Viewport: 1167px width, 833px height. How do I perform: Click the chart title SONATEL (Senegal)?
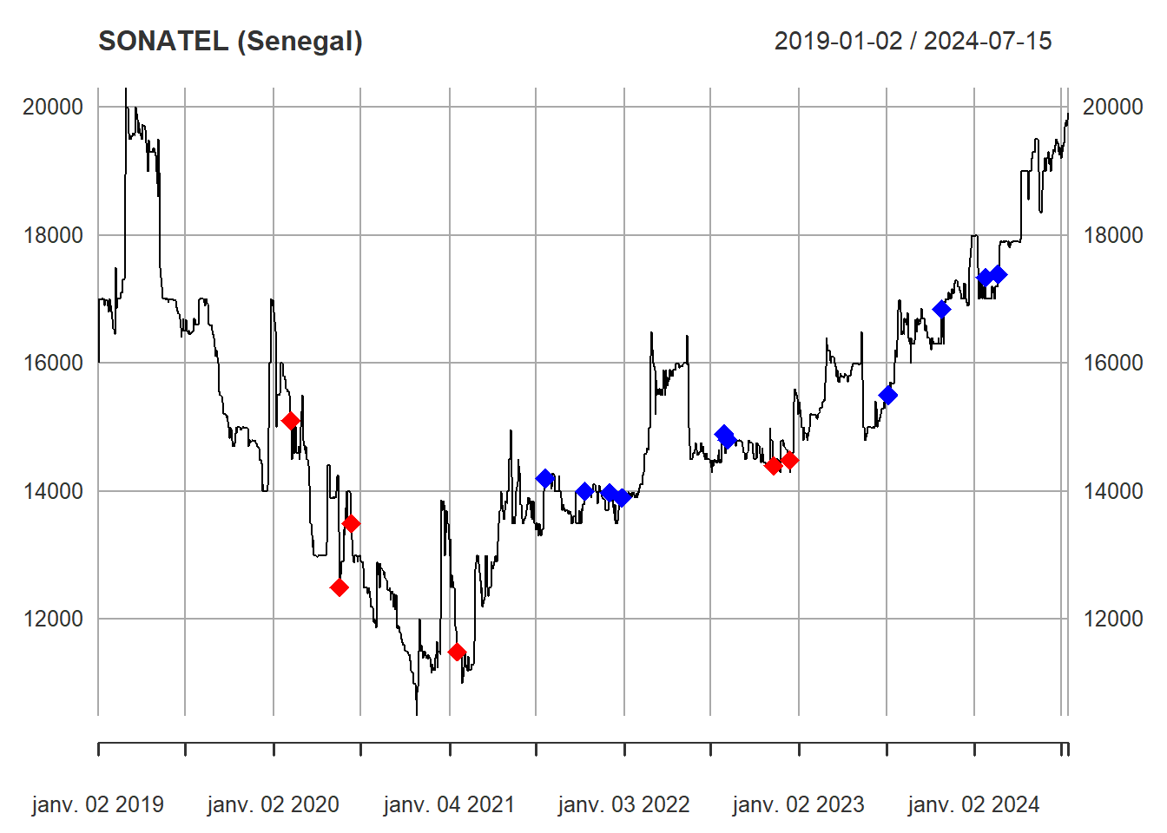pyautogui.click(x=230, y=41)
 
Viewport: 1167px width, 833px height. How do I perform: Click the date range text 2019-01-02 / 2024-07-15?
pyautogui.click(x=913, y=41)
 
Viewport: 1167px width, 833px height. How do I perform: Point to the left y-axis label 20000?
pyautogui.click(x=53, y=107)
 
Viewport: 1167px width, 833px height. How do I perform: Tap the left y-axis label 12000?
pyautogui.click(x=53, y=619)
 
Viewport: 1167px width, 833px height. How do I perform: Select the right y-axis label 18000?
pyautogui.click(x=1113, y=235)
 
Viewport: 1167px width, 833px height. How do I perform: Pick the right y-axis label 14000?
pyautogui.click(x=1113, y=491)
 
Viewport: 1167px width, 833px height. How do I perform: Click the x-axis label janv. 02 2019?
pyautogui.click(x=98, y=805)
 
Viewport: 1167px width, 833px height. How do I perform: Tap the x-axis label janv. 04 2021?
pyautogui.click(x=449, y=805)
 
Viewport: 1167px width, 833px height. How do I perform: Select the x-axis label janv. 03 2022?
pyautogui.click(x=623, y=805)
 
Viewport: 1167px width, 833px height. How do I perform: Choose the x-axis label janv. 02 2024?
pyautogui.click(x=973, y=805)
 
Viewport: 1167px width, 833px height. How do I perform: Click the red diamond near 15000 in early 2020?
pyautogui.click(x=291, y=421)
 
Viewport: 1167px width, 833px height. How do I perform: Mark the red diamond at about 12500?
pyautogui.click(x=340, y=587)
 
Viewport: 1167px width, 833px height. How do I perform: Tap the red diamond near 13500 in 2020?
pyautogui.click(x=351, y=523)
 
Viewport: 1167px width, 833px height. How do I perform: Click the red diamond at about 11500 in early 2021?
pyautogui.click(x=457, y=652)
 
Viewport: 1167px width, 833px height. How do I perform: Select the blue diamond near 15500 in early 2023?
pyautogui.click(x=887, y=395)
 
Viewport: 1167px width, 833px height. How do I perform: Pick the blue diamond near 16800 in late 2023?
pyautogui.click(x=941, y=309)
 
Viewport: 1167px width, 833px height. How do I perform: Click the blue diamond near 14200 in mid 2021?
pyautogui.click(x=544, y=478)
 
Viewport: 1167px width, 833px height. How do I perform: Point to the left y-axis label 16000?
pyautogui.click(x=53, y=363)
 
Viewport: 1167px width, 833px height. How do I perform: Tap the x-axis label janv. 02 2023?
pyautogui.click(x=798, y=805)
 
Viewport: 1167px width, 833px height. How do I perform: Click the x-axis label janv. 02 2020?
pyautogui.click(x=274, y=805)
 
